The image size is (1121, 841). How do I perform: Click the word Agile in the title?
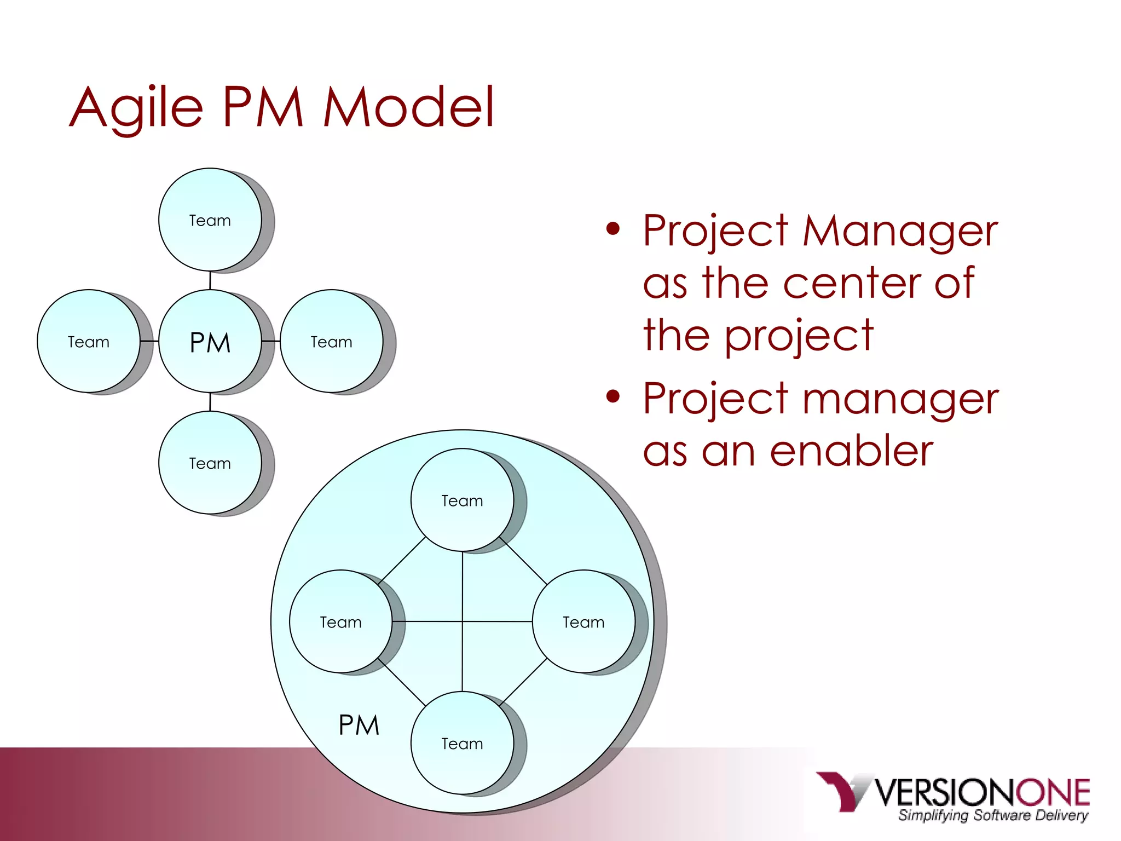[x=137, y=107]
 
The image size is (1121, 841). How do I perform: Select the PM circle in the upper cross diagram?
[x=210, y=342]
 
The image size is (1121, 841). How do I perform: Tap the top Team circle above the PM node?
[x=210, y=220]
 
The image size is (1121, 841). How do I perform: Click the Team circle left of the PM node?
[x=89, y=342]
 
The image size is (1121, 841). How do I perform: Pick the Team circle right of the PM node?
[x=332, y=342]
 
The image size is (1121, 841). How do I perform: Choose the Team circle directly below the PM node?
[x=210, y=463]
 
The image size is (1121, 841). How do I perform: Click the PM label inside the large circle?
[x=359, y=725]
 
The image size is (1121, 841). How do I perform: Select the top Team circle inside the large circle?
[x=463, y=500]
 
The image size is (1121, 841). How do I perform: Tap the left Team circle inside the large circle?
[x=340, y=622]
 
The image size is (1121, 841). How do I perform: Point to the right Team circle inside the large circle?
[x=583, y=622]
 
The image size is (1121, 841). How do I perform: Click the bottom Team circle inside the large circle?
[x=463, y=744]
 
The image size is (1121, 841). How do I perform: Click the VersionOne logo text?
[x=982, y=792]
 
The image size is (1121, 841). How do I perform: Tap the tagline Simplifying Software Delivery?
[x=993, y=815]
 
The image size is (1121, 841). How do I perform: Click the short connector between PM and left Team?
[x=149, y=341]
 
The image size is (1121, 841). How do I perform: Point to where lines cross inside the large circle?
[x=463, y=621]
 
